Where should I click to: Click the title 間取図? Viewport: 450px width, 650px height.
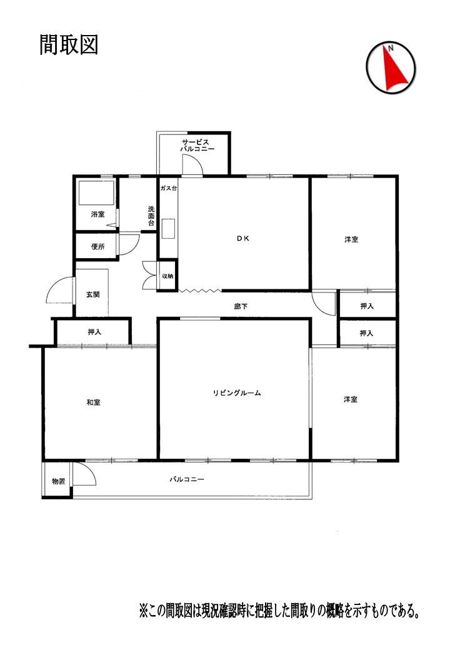[69, 45]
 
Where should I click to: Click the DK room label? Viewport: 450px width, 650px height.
[243, 238]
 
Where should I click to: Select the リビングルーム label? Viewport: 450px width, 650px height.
[237, 393]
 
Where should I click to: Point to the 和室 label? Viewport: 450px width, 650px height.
[93, 402]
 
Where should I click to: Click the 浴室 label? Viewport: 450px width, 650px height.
[97, 214]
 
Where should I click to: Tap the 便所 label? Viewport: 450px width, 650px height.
[97, 247]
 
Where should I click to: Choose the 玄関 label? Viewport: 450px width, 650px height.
[93, 294]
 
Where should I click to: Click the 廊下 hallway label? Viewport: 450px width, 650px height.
[241, 306]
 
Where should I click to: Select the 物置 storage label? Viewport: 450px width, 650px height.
[58, 481]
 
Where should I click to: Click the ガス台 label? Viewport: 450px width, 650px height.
[169, 188]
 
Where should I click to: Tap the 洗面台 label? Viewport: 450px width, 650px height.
[151, 216]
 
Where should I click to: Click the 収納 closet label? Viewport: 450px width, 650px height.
[168, 276]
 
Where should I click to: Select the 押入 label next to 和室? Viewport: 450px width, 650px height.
[94, 332]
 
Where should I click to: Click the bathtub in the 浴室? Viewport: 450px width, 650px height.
[96, 192]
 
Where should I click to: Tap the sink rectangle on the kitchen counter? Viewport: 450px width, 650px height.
[168, 229]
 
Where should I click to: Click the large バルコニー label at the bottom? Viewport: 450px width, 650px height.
[187, 479]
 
